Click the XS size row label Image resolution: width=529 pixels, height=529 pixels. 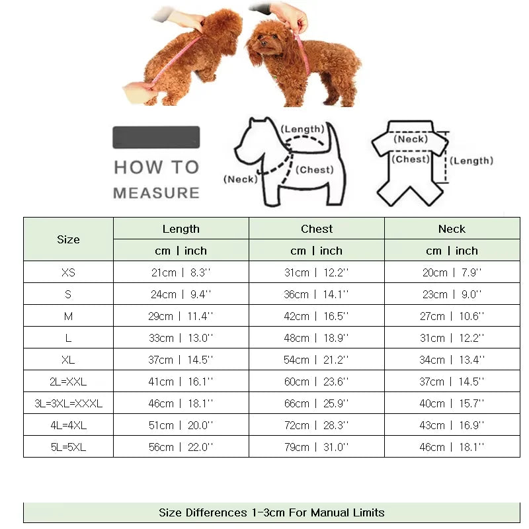coord(68,272)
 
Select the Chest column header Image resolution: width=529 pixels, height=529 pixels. coord(317,229)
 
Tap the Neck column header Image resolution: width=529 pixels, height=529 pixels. coord(452,229)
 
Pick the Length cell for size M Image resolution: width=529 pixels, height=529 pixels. coord(181,316)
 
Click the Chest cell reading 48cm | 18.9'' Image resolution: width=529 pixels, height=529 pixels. coord(317,338)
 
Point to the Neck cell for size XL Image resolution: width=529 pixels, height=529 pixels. coord(452,360)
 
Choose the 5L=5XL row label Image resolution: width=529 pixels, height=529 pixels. coord(68,447)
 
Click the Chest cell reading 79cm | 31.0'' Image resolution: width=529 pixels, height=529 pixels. coord(317,447)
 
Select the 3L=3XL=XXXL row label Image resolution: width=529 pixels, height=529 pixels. coord(68,403)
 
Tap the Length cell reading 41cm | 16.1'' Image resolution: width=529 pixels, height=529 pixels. coord(181,382)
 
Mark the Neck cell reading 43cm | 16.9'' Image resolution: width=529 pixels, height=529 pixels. coord(452,425)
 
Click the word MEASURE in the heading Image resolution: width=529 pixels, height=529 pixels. coord(156,193)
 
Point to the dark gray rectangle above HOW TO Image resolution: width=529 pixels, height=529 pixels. coord(156,137)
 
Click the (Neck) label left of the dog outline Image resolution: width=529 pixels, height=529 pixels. coord(240,179)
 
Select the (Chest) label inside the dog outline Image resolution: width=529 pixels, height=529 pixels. coord(315,169)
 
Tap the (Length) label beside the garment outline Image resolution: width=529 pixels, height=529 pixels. coord(472,161)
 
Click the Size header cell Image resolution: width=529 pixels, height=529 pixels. coord(68,239)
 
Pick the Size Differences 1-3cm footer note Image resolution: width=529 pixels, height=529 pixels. coord(271,512)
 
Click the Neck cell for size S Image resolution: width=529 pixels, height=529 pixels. coord(452,294)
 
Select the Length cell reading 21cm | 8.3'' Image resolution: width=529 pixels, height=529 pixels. coord(181,272)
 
